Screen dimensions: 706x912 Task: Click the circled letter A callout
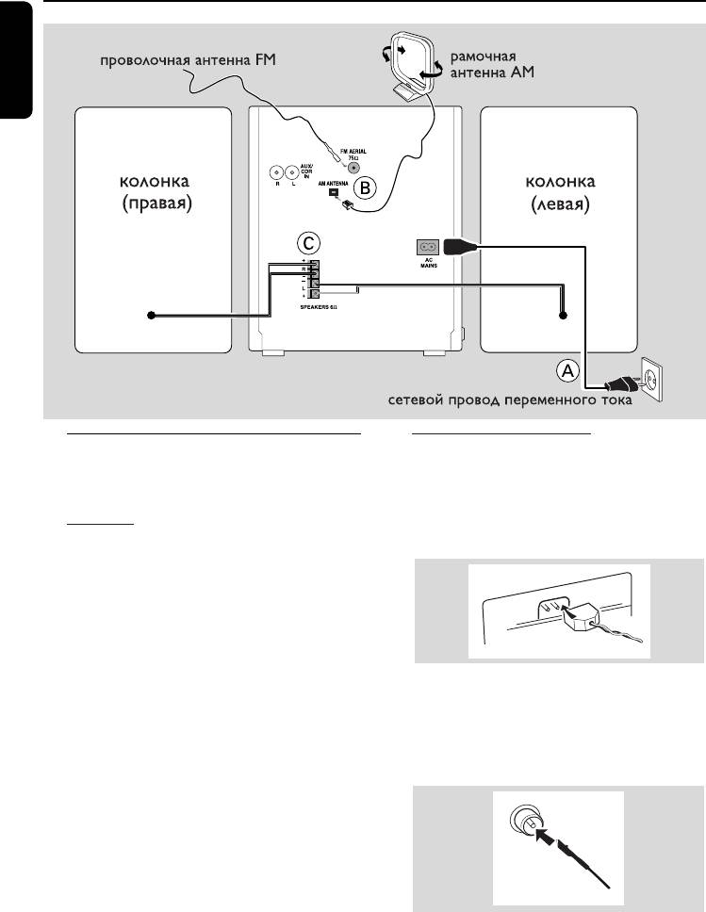pyautogui.click(x=566, y=371)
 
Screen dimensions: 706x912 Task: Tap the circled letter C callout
pyautogui.click(x=304, y=240)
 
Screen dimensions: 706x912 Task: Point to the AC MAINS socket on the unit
pyautogui.click(x=424, y=248)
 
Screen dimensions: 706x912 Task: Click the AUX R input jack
pyautogui.click(x=274, y=172)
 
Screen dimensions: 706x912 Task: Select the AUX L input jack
pyautogui.click(x=291, y=172)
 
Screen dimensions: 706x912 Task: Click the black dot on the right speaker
pyautogui.click(x=149, y=316)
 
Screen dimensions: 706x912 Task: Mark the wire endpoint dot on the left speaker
pyautogui.click(x=563, y=316)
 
